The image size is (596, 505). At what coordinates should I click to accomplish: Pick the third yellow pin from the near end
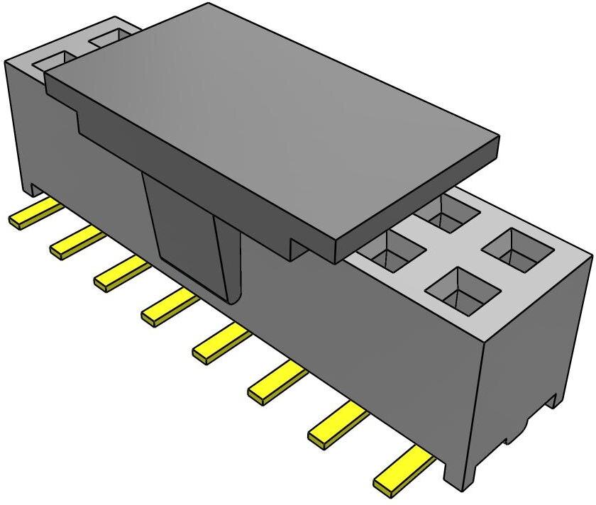[x=277, y=382]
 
